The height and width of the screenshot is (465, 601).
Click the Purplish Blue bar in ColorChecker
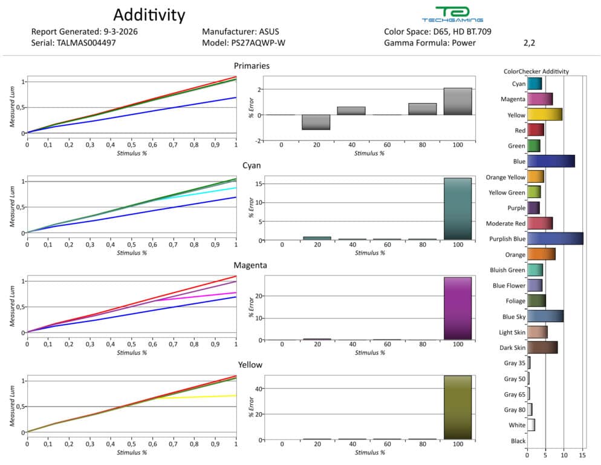pyautogui.click(x=555, y=239)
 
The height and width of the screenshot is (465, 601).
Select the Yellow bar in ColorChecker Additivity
pyautogui.click(x=544, y=114)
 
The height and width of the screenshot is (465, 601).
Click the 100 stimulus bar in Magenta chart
pyautogui.click(x=457, y=308)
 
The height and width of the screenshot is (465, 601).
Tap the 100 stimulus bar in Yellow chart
pyautogui.click(x=457, y=407)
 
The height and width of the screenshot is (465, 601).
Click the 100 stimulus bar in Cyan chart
pyautogui.click(x=457, y=209)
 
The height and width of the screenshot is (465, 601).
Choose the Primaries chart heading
pyautogui.click(x=252, y=65)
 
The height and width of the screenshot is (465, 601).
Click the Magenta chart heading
pyautogui.click(x=252, y=265)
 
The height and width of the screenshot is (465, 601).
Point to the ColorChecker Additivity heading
pyautogui.click(x=536, y=71)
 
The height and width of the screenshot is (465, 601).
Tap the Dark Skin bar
pyautogui.click(x=542, y=348)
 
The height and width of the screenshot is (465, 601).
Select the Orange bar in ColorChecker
pyautogui.click(x=541, y=254)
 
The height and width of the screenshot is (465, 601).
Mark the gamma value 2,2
pyautogui.click(x=529, y=43)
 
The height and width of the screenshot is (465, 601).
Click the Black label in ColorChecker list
pyautogui.click(x=518, y=441)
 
